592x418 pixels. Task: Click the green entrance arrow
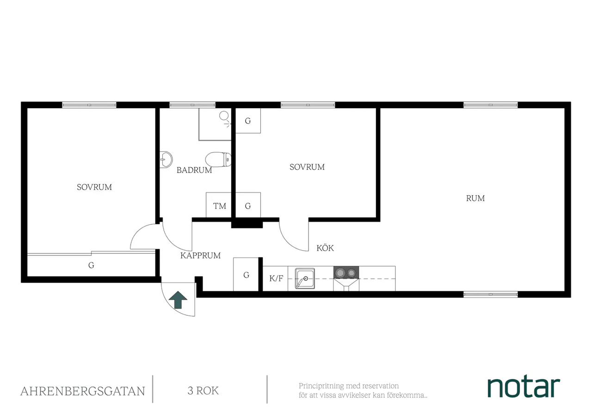(x=178, y=300)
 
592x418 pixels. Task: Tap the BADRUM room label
(x=194, y=170)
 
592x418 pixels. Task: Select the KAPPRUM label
(x=200, y=256)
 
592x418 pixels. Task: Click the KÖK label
(x=325, y=248)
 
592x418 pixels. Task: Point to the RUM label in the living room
(x=475, y=198)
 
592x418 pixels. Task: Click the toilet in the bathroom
(x=218, y=160)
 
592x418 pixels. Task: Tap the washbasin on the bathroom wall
(x=166, y=160)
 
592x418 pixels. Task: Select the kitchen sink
(x=305, y=278)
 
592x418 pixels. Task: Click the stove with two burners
(x=346, y=272)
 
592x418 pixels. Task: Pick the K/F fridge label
(x=276, y=278)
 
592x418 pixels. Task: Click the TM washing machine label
(x=220, y=206)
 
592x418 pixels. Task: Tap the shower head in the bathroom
(x=224, y=116)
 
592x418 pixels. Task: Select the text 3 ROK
(x=203, y=391)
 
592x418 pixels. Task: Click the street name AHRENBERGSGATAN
(x=83, y=391)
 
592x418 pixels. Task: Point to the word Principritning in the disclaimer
(x=321, y=386)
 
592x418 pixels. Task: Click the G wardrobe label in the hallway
(x=246, y=275)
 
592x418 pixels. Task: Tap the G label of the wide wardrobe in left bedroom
(x=91, y=265)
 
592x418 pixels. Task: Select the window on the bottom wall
(x=491, y=295)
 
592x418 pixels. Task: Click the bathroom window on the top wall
(x=192, y=105)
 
